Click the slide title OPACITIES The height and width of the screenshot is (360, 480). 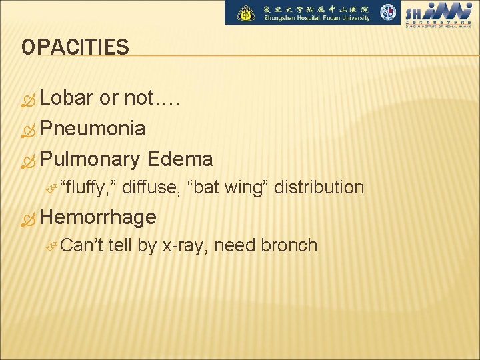(75, 47)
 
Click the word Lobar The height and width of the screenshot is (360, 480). (67, 97)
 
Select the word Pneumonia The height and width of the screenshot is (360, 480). (93, 128)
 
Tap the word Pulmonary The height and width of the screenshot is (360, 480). (90, 159)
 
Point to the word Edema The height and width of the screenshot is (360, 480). (180, 159)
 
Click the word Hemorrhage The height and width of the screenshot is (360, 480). (98, 217)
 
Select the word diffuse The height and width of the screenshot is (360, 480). (152, 187)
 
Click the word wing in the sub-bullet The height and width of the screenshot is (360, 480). (246, 187)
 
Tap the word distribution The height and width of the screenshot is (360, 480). (319, 187)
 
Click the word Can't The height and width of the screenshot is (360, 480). (79, 245)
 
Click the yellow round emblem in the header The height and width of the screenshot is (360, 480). (247, 13)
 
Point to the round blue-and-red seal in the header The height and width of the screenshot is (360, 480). (388, 13)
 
